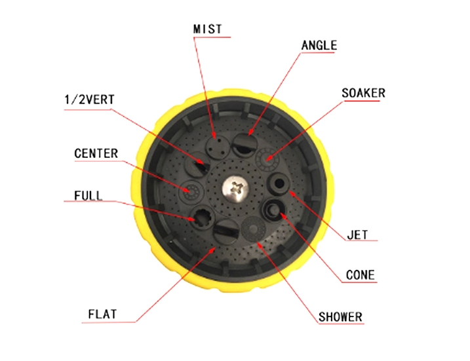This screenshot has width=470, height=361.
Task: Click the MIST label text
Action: tap(207, 29)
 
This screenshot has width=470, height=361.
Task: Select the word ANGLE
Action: tap(319, 45)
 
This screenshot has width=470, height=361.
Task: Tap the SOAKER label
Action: tap(363, 93)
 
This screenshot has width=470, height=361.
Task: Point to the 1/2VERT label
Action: tap(89, 100)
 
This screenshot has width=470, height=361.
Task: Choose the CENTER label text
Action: tap(96, 153)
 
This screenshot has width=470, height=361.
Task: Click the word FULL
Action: tap(88, 196)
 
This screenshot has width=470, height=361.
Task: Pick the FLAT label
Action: tap(102, 314)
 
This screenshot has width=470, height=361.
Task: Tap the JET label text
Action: tap(357, 235)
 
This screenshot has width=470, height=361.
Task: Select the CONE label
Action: tap(361, 275)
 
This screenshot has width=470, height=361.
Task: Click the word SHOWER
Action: tap(340, 317)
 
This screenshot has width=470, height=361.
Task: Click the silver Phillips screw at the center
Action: tap(235, 189)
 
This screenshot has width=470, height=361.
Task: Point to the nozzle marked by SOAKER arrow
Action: tap(267, 159)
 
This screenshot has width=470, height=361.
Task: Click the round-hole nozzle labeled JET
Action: tap(278, 183)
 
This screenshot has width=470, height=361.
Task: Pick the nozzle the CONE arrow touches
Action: tap(274, 209)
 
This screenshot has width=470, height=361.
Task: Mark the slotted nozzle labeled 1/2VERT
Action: tap(197, 164)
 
